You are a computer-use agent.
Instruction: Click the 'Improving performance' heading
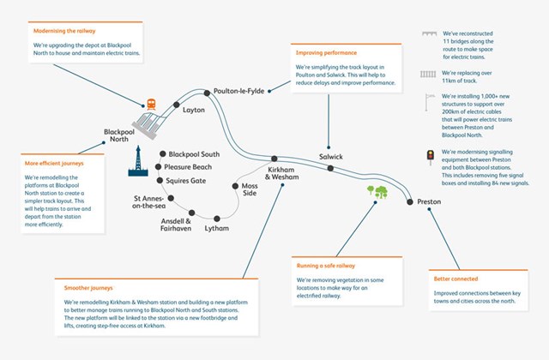tap(323, 53)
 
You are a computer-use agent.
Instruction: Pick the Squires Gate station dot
tap(159, 181)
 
